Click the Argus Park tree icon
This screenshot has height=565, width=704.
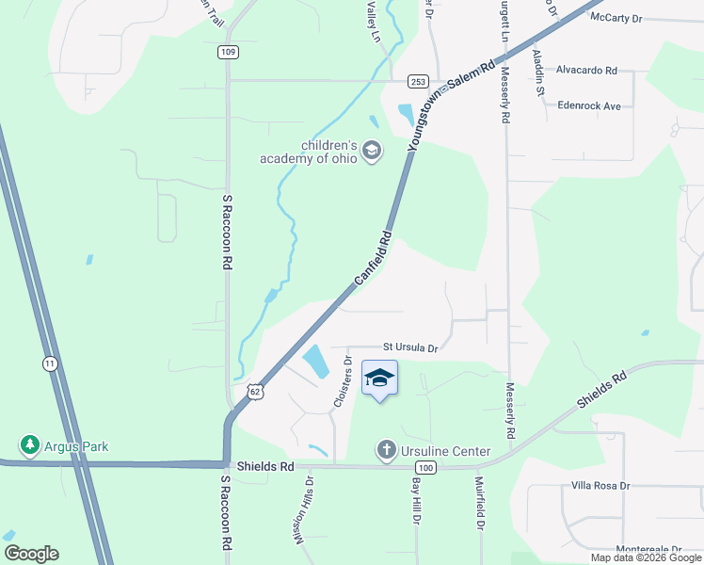point(30,444)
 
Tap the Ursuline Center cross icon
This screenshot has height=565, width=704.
point(386,451)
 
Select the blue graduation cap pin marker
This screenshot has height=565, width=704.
point(379,379)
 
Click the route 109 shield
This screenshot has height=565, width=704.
point(228,52)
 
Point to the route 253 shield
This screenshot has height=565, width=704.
point(420,81)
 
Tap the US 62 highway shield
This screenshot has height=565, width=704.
point(254,392)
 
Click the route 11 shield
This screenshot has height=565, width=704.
point(49,363)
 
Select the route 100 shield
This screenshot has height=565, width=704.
point(426,467)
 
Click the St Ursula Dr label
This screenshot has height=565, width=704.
point(410,347)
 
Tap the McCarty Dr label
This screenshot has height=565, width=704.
point(616,18)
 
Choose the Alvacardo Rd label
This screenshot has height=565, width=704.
point(586,70)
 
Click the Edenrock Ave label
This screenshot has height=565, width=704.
point(589,106)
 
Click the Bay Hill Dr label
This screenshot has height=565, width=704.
point(415,500)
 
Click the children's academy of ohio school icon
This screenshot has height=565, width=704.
point(372,152)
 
